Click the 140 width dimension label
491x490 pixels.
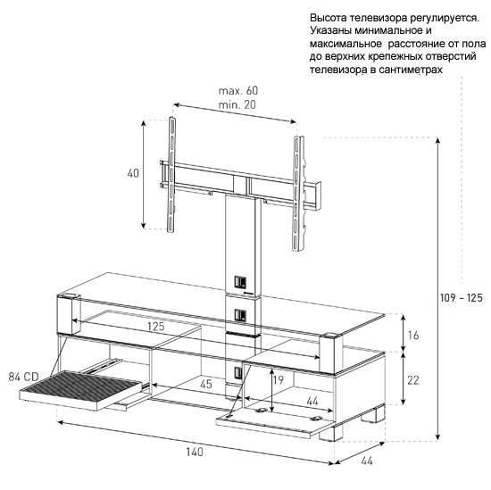195,453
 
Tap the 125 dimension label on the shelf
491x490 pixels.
156,327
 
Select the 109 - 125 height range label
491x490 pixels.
462,297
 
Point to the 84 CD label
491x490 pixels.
23,377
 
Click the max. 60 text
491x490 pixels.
238,91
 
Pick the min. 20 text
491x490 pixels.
237,104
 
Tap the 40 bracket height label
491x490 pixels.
133,173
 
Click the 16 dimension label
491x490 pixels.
413,336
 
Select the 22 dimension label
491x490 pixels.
413,380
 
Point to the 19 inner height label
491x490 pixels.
278,380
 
